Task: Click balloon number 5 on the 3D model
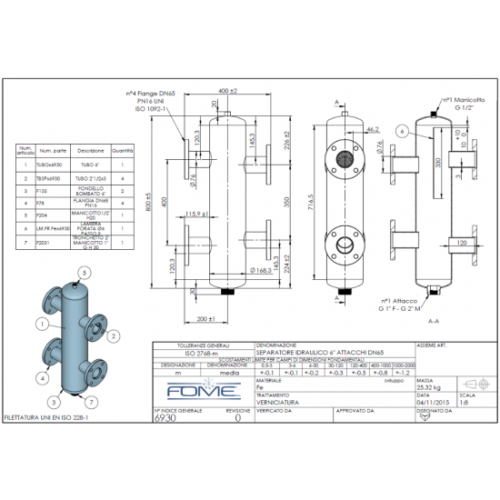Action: (x=83, y=273)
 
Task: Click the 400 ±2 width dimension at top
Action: (x=228, y=92)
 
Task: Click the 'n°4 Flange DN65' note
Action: (x=151, y=93)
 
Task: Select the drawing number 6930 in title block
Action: (x=164, y=419)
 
